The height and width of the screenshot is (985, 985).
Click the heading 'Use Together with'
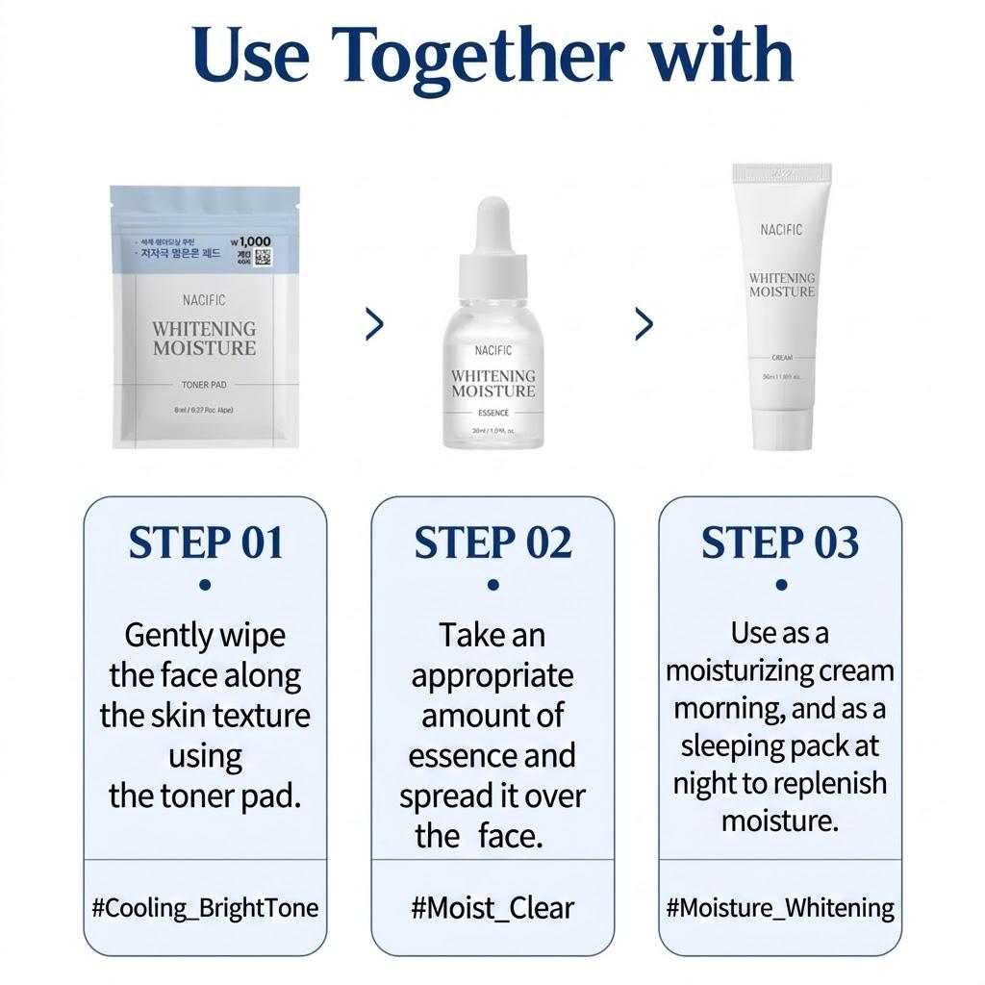point(492,55)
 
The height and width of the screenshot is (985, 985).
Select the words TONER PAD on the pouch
point(204,384)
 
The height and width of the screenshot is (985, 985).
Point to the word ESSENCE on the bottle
point(492,413)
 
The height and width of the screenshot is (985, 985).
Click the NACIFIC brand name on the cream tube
point(780,230)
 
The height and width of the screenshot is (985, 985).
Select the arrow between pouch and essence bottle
point(375,325)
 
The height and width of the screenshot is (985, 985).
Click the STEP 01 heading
point(206,543)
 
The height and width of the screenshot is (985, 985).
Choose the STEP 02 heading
point(492,543)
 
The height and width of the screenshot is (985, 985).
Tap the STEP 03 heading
point(779,543)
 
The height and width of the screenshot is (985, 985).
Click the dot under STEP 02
point(492,584)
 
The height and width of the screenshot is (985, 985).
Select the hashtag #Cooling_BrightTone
point(205,908)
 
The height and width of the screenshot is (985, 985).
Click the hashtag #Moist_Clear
point(492,908)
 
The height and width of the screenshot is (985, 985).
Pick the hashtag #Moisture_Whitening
point(780,908)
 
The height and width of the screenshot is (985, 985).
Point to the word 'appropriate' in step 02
point(492,676)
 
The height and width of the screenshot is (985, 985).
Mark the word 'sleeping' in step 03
point(727,745)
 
